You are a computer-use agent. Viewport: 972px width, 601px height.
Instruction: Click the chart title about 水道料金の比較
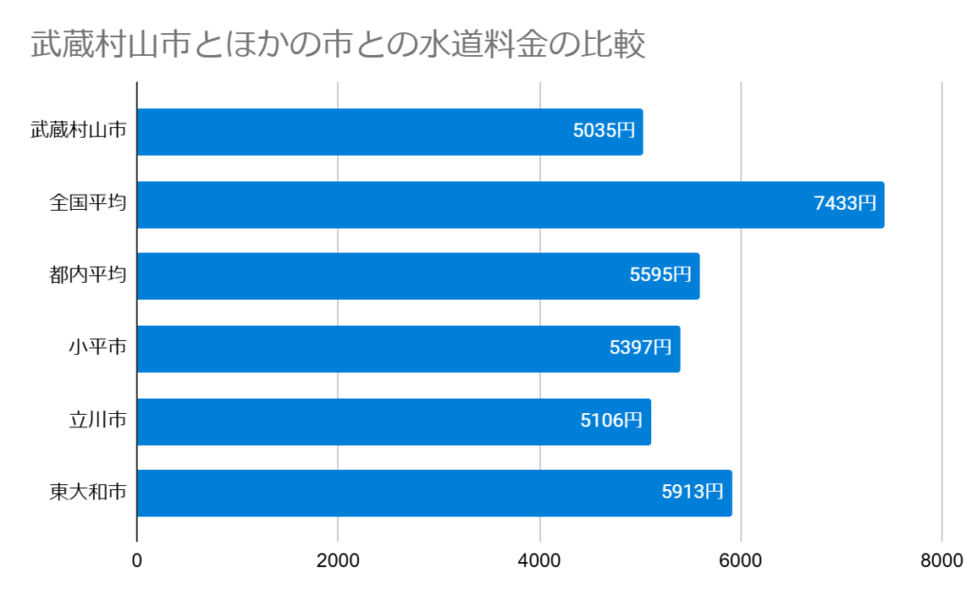point(338,45)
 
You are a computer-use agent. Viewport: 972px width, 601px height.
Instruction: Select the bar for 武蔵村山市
point(389,132)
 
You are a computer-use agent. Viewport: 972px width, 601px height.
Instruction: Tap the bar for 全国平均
point(510,204)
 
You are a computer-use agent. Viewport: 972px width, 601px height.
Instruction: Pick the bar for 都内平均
point(418,276)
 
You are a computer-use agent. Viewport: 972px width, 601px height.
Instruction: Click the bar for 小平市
point(408,348)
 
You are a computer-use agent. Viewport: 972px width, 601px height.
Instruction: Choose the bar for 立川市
point(394,422)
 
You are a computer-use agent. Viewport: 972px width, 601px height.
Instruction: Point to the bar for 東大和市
point(434,493)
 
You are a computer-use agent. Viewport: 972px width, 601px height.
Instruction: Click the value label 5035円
point(604,131)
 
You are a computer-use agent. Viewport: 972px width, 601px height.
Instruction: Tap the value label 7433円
point(845,203)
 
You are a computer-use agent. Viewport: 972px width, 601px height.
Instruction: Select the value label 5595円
point(660,275)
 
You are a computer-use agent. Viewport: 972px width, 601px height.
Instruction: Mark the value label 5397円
point(641,347)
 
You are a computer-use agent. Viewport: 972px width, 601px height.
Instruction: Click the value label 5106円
point(611,421)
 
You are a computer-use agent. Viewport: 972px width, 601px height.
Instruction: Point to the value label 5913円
point(692,492)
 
